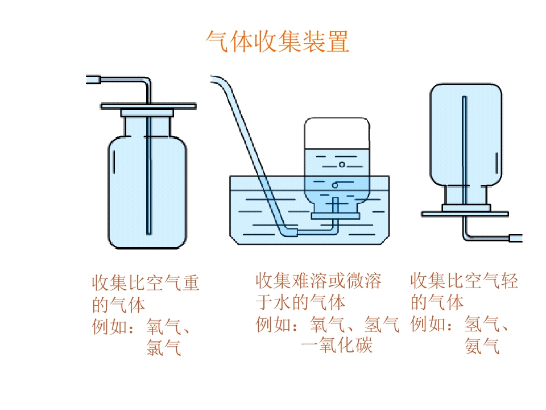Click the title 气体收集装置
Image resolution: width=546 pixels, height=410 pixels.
278,42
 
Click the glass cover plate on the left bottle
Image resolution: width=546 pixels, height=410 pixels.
148,106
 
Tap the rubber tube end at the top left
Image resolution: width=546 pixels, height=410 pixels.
93,80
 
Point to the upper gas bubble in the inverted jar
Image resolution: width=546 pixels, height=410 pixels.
342,165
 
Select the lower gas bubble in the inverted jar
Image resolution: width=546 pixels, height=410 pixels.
335,185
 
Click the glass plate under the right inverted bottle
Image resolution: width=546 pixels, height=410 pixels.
465,214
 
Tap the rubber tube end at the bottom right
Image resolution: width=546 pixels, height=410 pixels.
516,238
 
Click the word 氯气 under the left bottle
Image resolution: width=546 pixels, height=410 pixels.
164,347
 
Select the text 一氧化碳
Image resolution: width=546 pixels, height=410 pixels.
337,345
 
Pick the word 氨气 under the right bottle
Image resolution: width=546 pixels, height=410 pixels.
482,346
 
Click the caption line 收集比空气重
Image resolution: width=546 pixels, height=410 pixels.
146,283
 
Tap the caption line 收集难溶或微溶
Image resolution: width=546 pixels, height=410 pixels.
318,281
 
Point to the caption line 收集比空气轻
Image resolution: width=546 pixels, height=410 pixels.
464,281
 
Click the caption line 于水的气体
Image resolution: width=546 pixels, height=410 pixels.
300,302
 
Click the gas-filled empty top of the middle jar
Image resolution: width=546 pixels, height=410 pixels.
337,133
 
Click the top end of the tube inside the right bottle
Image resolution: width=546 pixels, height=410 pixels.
464,98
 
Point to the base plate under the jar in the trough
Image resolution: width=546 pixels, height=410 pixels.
336,216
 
